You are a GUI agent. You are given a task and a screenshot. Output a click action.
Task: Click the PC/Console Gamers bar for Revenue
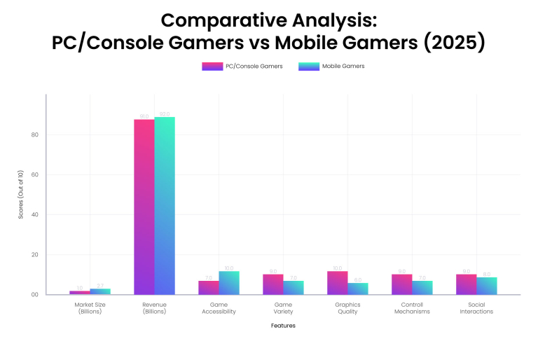click(144, 207)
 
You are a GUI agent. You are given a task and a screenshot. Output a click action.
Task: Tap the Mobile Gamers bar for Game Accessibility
click(229, 282)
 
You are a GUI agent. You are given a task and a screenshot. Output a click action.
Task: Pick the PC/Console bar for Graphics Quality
click(337, 282)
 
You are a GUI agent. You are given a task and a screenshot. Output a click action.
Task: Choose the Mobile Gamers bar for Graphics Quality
click(358, 289)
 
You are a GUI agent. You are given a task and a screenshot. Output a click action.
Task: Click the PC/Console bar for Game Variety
click(273, 284)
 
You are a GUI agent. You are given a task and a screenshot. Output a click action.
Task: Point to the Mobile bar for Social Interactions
click(487, 286)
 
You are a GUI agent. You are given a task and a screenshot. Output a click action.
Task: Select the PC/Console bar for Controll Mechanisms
click(402, 284)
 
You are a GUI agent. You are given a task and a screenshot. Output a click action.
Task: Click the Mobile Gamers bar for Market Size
click(100, 291)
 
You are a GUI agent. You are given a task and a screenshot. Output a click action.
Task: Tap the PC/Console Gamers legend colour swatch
click(212, 67)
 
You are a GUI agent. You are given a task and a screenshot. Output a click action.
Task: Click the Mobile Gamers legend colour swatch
click(308, 67)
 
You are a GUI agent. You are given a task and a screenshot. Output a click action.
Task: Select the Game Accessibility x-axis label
click(219, 308)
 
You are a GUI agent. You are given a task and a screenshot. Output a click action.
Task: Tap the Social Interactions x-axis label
click(476, 308)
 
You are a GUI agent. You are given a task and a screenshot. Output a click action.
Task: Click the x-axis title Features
click(283, 325)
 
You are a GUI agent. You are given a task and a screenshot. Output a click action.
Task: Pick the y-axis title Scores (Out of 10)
click(21, 195)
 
